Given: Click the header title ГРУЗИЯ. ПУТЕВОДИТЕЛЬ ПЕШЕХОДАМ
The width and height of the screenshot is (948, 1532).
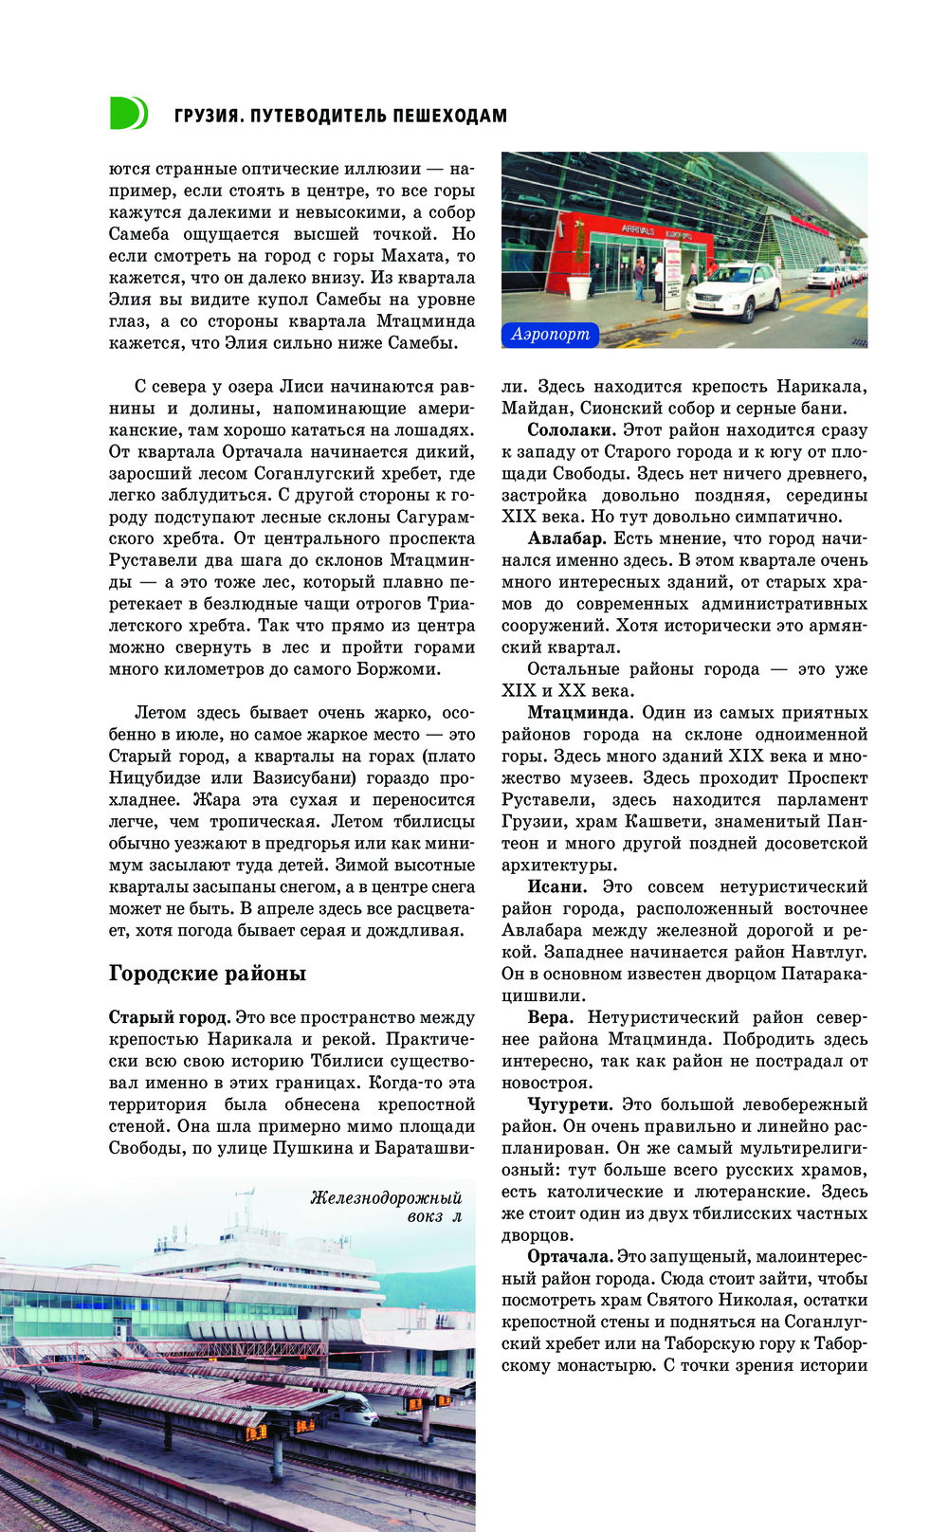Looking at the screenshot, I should point(340,116).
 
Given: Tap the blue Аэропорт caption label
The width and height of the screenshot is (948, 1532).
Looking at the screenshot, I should point(551,334).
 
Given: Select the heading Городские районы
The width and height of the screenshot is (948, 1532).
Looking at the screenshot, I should point(207,974).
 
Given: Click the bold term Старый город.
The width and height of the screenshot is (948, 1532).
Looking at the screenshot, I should point(170,1017).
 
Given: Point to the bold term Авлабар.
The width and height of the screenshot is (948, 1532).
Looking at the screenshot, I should point(566,538).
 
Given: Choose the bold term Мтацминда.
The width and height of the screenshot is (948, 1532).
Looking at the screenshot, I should point(579,713).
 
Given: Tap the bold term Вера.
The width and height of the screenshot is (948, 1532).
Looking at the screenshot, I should point(549,1017).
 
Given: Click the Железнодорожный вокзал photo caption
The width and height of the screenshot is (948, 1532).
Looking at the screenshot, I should point(387,1207).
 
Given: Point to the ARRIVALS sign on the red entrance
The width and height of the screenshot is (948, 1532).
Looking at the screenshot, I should point(638,229).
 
